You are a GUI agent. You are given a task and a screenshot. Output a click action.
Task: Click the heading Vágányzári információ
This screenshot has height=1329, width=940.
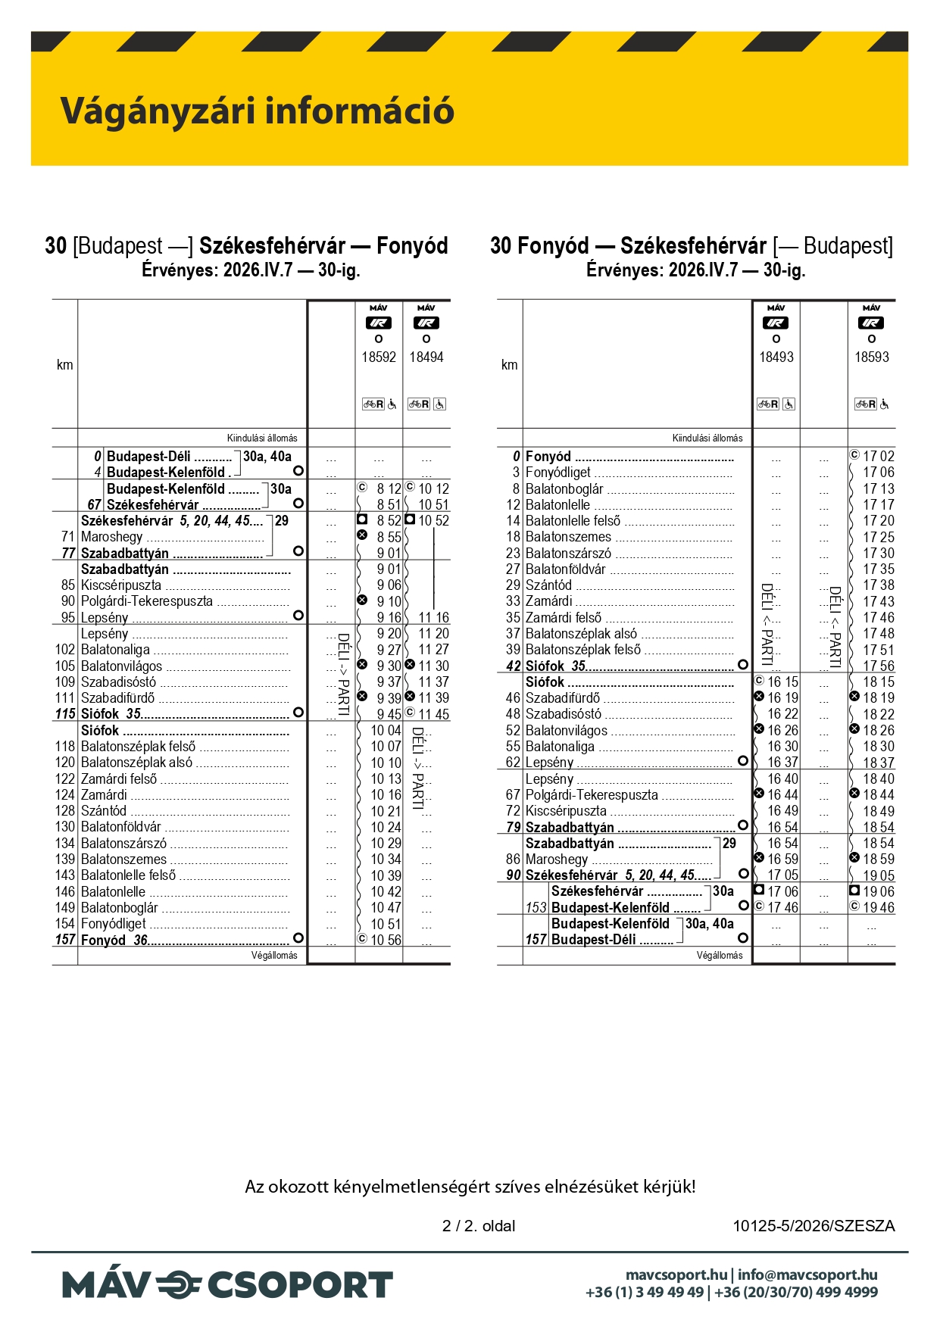point(258,111)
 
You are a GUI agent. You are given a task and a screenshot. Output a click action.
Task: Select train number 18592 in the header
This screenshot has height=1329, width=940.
point(379,357)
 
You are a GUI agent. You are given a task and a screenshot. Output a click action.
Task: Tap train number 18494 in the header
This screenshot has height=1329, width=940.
point(426,357)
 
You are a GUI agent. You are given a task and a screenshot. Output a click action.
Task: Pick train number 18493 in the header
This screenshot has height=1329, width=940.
point(776,357)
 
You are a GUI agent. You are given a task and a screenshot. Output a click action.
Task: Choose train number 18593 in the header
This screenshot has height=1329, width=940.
point(872,357)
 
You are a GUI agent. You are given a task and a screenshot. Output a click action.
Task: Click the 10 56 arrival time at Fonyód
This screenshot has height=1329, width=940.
point(386,940)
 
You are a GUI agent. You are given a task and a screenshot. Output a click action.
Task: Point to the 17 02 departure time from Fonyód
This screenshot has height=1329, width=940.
point(878,456)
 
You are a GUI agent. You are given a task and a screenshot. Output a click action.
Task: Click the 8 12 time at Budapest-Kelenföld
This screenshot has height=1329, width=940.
point(389,488)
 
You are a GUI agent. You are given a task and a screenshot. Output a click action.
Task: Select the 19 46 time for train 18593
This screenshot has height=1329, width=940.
point(878,907)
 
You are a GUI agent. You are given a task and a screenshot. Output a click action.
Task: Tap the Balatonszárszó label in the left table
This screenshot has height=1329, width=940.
point(123,843)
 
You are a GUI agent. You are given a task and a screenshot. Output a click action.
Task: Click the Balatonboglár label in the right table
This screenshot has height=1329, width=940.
point(564,488)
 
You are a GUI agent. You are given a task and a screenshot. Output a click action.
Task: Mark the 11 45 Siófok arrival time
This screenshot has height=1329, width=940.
point(433,714)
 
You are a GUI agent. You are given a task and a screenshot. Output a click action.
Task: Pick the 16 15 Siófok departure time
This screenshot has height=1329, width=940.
point(782,682)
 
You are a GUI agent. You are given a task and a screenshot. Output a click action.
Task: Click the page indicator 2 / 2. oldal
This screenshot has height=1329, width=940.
point(479,1225)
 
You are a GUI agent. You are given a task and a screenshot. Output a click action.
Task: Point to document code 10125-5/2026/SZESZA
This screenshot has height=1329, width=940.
point(814,1225)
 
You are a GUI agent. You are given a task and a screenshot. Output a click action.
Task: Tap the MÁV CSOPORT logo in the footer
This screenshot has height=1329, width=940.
point(227,1285)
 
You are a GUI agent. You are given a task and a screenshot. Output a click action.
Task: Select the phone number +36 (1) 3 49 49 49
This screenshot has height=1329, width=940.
point(645,1292)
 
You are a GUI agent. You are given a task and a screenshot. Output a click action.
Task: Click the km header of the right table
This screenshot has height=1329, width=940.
point(510,364)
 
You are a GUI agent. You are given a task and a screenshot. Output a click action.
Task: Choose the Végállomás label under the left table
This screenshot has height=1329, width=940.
point(274,956)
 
